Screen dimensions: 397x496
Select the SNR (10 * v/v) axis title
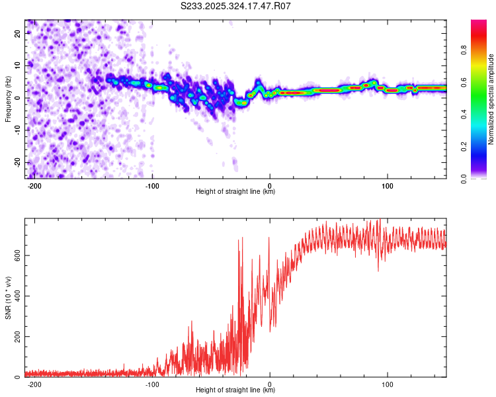[x=8, y=298]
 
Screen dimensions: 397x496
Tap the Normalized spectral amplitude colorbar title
[x=491, y=99]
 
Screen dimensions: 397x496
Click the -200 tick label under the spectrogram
[x=35, y=185]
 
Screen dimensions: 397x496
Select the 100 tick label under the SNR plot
[x=388, y=384]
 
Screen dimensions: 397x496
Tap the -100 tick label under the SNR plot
[x=152, y=384]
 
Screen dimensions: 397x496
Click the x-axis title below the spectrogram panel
[x=235, y=192]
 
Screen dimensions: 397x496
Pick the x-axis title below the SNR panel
[x=235, y=390]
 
